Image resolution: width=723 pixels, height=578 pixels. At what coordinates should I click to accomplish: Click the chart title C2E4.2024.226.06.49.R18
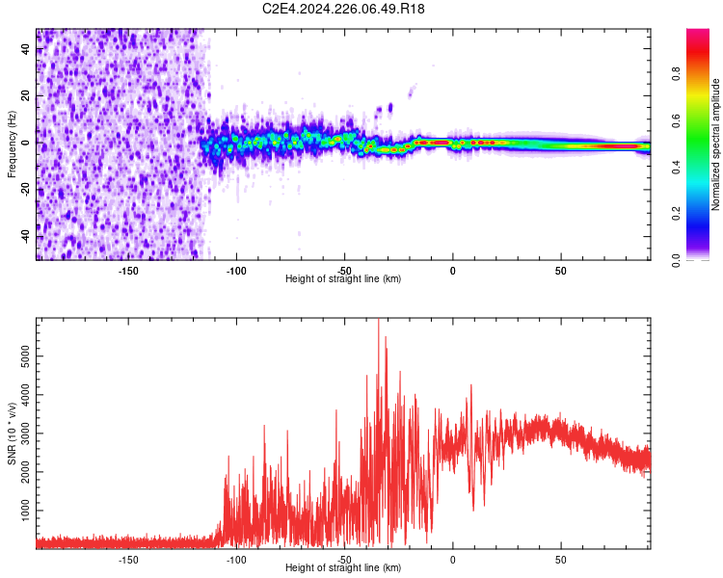tap(344, 10)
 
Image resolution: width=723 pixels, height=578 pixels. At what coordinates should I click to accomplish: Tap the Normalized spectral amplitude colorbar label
tap(716, 144)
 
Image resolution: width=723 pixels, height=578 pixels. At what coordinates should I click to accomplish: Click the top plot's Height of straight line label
tap(343, 278)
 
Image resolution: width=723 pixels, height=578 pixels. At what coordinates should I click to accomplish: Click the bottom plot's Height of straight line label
tap(343, 567)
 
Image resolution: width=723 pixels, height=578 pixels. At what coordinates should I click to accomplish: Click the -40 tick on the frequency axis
tap(26, 237)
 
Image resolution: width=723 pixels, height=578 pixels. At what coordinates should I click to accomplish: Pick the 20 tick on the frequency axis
tap(26, 96)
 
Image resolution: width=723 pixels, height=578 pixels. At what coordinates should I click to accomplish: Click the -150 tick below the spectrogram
tap(128, 270)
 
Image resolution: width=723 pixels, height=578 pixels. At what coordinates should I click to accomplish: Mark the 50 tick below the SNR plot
tap(560, 558)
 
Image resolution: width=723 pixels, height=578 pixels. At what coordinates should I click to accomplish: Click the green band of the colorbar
tap(697, 144)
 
